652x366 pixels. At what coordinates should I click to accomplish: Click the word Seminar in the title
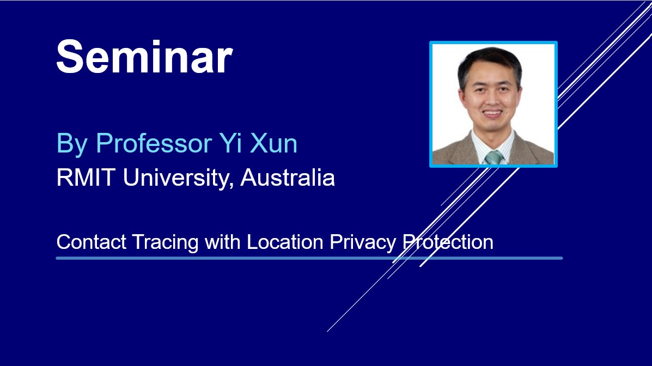click(144, 57)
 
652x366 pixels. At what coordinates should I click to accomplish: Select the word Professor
click(154, 143)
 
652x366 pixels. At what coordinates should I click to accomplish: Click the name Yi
click(228, 143)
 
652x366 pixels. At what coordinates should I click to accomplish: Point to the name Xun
click(273, 143)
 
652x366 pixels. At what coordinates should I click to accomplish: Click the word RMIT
click(86, 178)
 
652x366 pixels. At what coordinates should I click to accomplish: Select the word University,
click(178, 179)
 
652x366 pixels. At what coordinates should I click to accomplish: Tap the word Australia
click(288, 178)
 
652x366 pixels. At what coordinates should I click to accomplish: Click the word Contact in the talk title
click(91, 242)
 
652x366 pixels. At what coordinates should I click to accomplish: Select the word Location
click(285, 242)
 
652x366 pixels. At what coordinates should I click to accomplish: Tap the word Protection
click(448, 242)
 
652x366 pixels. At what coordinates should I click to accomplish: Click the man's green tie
click(493, 157)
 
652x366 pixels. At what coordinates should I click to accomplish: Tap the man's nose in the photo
click(491, 99)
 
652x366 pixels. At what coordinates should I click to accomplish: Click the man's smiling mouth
click(492, 113)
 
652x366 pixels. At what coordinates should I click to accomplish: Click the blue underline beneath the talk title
click(309, 258)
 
